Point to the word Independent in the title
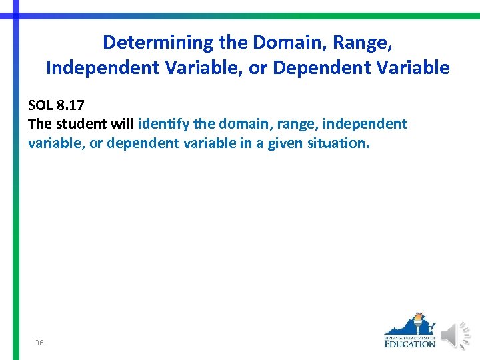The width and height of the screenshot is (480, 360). (x=101, y=68)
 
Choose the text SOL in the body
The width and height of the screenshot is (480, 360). (x=41, y=105)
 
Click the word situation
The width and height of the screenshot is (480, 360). (x=337, y=143)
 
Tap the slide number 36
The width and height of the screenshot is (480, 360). (x=39, y=343)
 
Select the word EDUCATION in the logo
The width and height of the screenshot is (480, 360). (x=410, y=343)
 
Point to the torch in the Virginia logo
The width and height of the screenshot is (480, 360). (x=417, y=322)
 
